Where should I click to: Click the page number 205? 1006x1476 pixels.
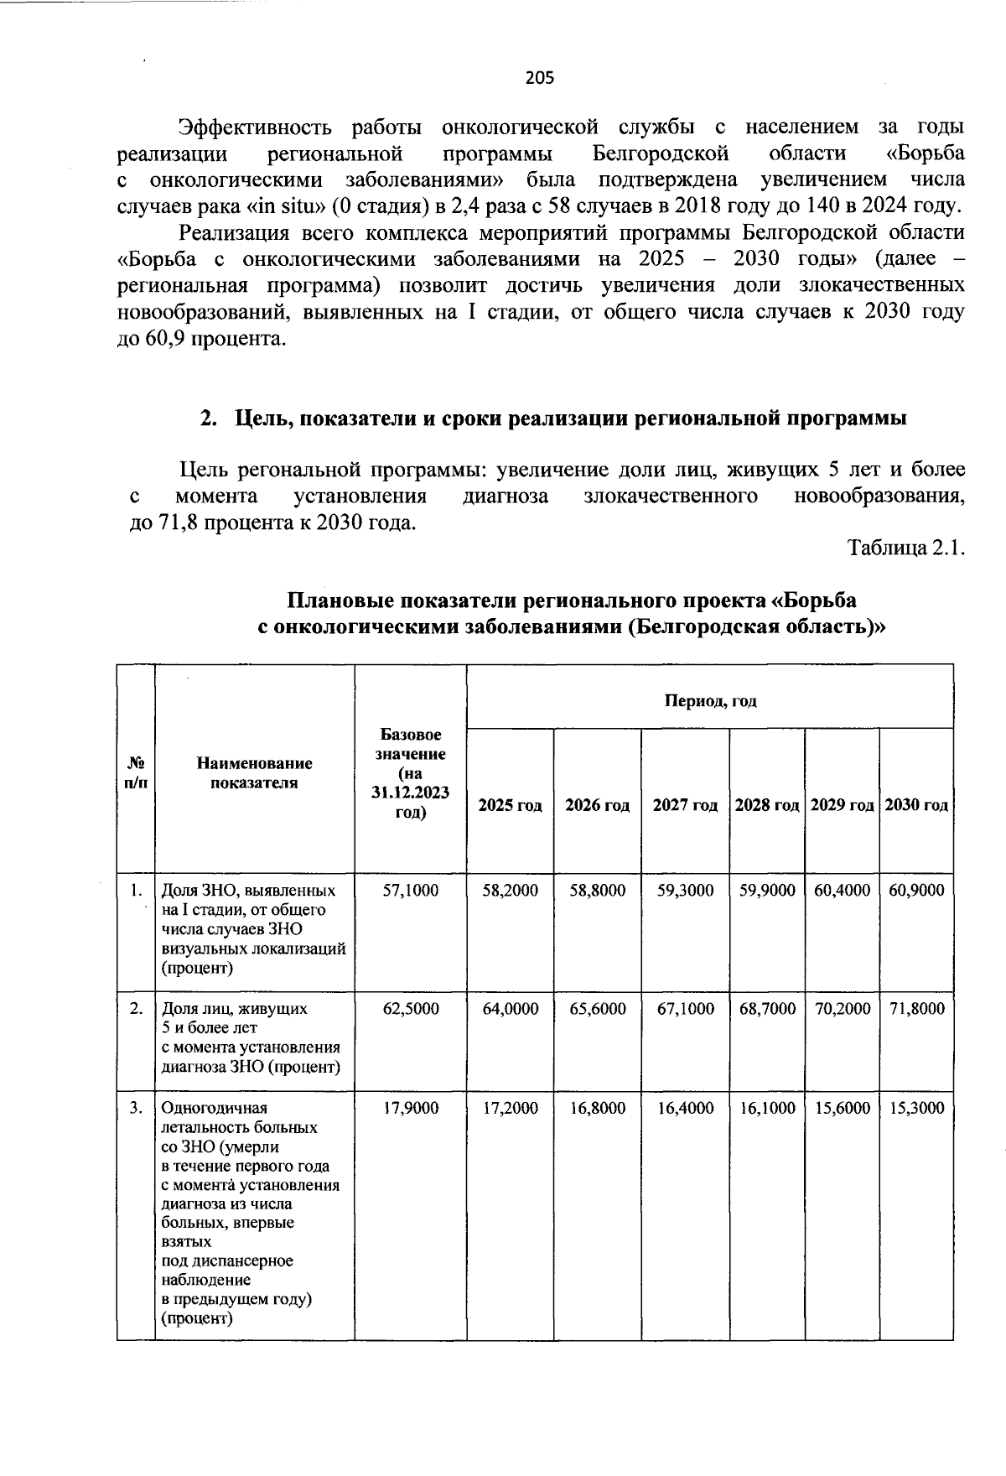(x=540, y=78)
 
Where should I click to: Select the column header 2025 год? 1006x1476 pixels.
(x=510, y=805)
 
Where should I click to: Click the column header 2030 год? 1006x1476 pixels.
(x=916, y=805)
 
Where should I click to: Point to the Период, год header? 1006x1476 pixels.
(x=710, y=700)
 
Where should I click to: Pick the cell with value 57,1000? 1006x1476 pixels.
(x=411, y=890)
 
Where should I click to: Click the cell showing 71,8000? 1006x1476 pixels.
(x=916, y=1008)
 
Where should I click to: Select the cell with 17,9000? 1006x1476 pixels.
(x=411, y=1108)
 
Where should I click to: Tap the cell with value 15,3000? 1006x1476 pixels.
(x=916, y=1108)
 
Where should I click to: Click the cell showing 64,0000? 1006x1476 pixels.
(x=511, y=1008)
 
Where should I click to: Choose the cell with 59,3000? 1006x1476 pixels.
(x=686, y=890)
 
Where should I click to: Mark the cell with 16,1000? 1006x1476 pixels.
(x=767, y=1108)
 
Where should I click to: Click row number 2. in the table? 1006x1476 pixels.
(x=136, y=1008)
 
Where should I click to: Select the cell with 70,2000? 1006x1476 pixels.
(x=843, y=1008)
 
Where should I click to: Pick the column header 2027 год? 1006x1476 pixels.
(x=685, y=805)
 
